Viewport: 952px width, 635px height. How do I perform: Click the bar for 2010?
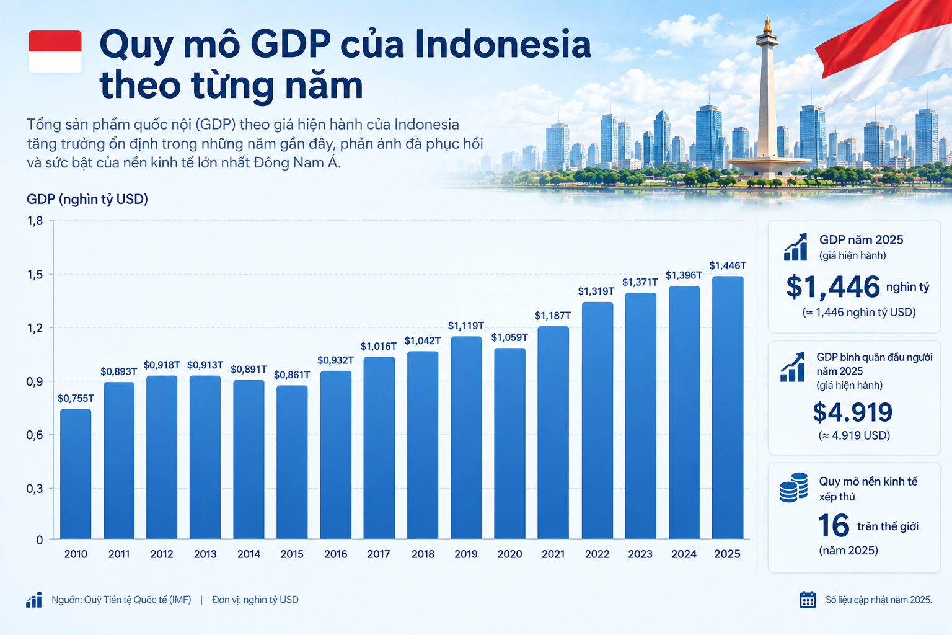click(76, 474)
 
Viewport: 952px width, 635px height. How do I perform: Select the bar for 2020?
click(509, 443)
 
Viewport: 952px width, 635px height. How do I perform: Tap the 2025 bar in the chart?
click(728, 407)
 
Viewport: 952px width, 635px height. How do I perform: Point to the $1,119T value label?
click(466, 326)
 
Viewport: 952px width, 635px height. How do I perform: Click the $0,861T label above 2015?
click(292, 375)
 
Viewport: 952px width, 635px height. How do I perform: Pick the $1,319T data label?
click(596, 291)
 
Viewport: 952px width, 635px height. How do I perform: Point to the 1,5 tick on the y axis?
click(35, 275)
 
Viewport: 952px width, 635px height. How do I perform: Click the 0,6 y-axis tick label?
click(35, 435)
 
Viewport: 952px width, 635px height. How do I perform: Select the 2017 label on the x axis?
click(379, 554)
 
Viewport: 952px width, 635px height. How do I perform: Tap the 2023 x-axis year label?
click(640, 554)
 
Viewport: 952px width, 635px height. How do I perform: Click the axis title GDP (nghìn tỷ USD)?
click(87, 200)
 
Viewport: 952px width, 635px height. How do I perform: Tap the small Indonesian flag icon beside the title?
click(55, 51)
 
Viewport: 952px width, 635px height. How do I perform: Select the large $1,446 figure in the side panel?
click(832, 287)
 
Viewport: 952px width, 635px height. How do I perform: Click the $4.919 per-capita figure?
click(853, 412)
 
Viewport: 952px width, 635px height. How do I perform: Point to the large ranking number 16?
click(834, 526)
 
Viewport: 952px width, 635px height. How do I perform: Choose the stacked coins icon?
click(793, 487)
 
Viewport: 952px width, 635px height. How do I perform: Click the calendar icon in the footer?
click(808, 600)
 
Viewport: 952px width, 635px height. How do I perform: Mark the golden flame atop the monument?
click(767, 25)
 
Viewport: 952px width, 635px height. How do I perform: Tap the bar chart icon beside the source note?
click(34, 600)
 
